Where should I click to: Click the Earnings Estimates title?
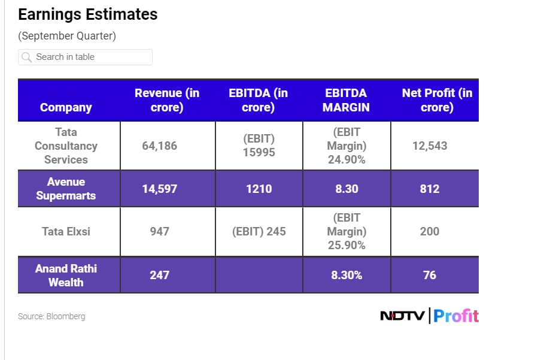pyautogui.click(x=88, y=14)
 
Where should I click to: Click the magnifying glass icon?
pyautogui.click(x=26, y=58)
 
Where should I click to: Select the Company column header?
pyautogui.click(x=66, y=107)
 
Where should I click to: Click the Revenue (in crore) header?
pyautogui.click(x=167, y=100)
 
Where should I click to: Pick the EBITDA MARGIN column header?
pyautogui.click(x=346, y=100)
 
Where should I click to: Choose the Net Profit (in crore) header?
pyautogui.click(x=437, y=100)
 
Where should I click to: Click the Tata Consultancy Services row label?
pyautogui.click(x=66, y=146)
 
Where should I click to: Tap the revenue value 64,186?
pyautogui.click(x=159, y=146)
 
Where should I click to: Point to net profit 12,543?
pyautogui.click(x=430, y=146)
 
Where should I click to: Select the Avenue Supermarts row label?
pyautogui.click(x=66, y=189)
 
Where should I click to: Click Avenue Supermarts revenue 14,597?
pyautogui.click(x=159, y=189)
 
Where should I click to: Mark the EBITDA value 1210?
pyautogui.click(x=259, y=189)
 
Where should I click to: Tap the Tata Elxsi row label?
pyautogui.click(x=66, y=231)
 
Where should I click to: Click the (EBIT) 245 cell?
pyautogui.click(x=259, y=231)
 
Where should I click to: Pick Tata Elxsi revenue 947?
pyautogui.click(x=159, y=231)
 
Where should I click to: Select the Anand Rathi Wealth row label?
pyautogui.click(x=66, y=275)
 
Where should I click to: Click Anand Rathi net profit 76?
pyautogui.click(x=430, y=275)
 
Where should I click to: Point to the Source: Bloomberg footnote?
pyautogui.click(x=51, y=316)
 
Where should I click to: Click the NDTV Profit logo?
pyautogui.click(x=429, y=316)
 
